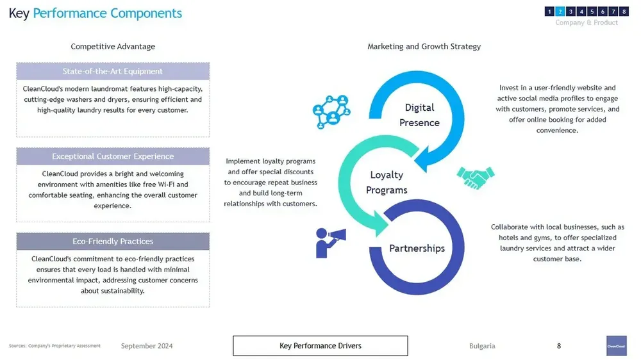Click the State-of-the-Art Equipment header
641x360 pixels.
[113, 71]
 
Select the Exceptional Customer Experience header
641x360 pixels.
[113, 156]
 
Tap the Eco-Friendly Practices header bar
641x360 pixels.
[113, 241]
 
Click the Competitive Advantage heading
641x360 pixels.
[113, 46]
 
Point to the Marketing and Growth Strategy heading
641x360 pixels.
[424, 46]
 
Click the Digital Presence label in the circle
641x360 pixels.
[419, 115]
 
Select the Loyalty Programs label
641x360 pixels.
[387, 183]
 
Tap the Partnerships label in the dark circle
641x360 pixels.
[417, 249]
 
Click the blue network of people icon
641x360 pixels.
[331, 110]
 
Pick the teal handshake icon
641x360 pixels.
[475, 177]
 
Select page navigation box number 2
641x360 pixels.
[560, 12]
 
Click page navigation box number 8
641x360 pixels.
[623, 12]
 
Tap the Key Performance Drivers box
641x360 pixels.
[320, 346]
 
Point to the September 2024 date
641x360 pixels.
[147, 346]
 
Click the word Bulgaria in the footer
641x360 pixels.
[482, 346]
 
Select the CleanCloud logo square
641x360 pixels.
[616, 345]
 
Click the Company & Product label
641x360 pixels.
[587, 22]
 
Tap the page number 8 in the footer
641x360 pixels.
[559, 346]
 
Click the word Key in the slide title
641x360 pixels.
[19, 13]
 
